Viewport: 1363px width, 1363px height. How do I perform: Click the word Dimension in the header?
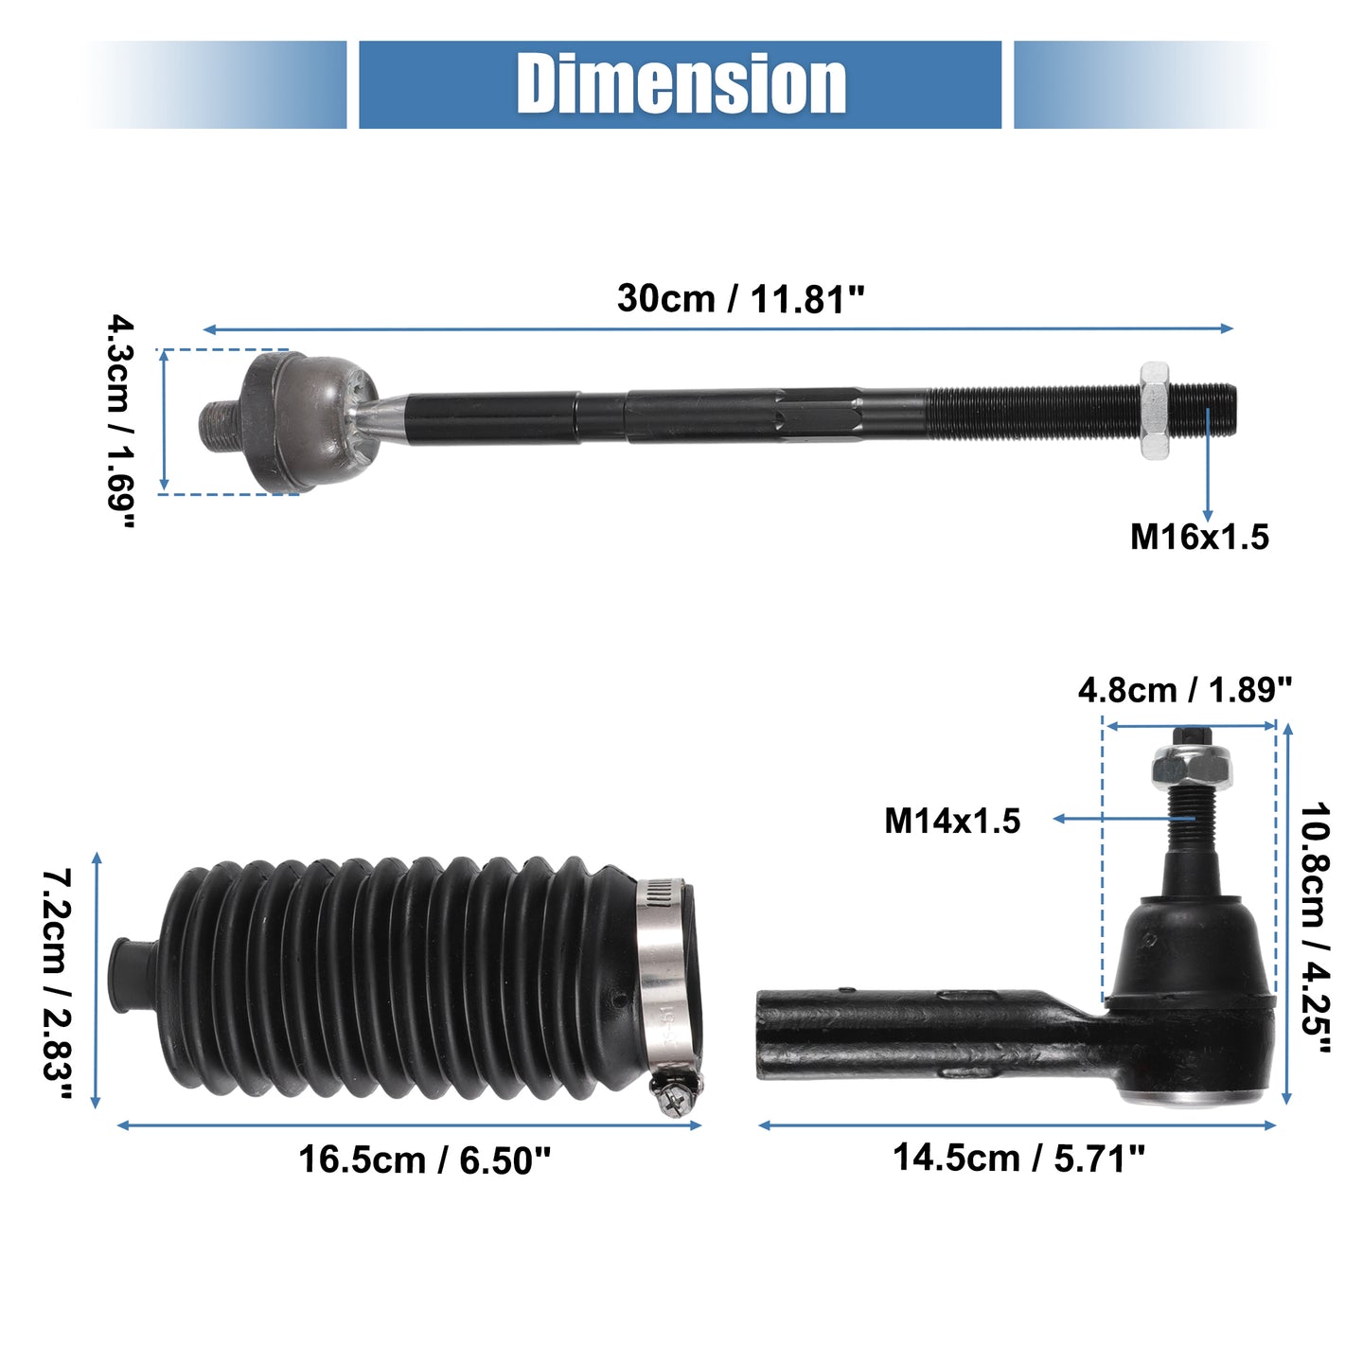681,84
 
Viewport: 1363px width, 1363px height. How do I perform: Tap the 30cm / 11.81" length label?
740,298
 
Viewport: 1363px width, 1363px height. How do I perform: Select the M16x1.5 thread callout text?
1199,537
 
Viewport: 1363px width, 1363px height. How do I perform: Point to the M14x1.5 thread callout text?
952,822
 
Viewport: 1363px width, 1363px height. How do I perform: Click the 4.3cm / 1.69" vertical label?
121,421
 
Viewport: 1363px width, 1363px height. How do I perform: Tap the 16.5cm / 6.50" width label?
424,1160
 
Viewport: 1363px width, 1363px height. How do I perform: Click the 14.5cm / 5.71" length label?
1018,1158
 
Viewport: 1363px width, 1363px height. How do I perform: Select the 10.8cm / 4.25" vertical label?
1315,928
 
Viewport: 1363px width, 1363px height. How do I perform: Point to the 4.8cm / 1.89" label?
1185,690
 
